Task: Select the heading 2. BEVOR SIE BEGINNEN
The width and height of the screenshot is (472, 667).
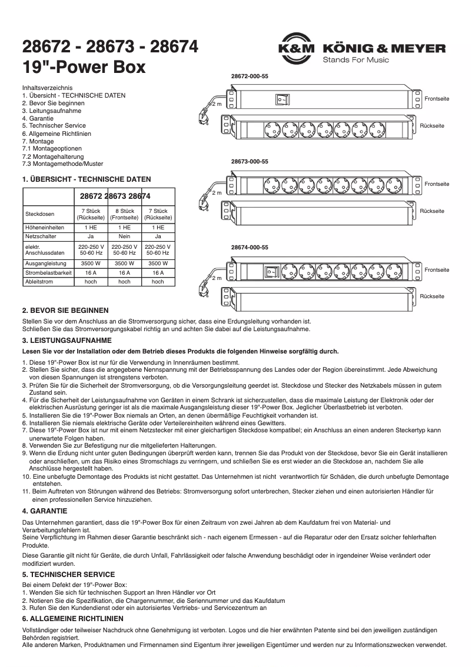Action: (x=65, y=310)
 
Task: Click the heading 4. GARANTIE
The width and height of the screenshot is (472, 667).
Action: (x=45, y=511)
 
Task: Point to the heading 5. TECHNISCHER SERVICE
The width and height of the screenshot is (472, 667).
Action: (x=68, y=574)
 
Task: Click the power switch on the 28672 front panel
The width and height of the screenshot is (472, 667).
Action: (x=282, y=99)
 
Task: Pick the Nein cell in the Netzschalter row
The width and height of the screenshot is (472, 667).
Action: (x=124, y=236)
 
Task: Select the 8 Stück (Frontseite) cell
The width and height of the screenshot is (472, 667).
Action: (x=124, y=214)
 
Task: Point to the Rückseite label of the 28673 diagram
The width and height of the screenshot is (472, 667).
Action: (x=432, y=211)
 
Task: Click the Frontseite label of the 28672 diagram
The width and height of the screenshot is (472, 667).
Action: (x=437, y=99)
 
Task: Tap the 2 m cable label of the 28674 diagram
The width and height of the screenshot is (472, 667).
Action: (x=217, y=278)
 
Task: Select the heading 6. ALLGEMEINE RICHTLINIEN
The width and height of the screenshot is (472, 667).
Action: (x=72, y=619)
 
